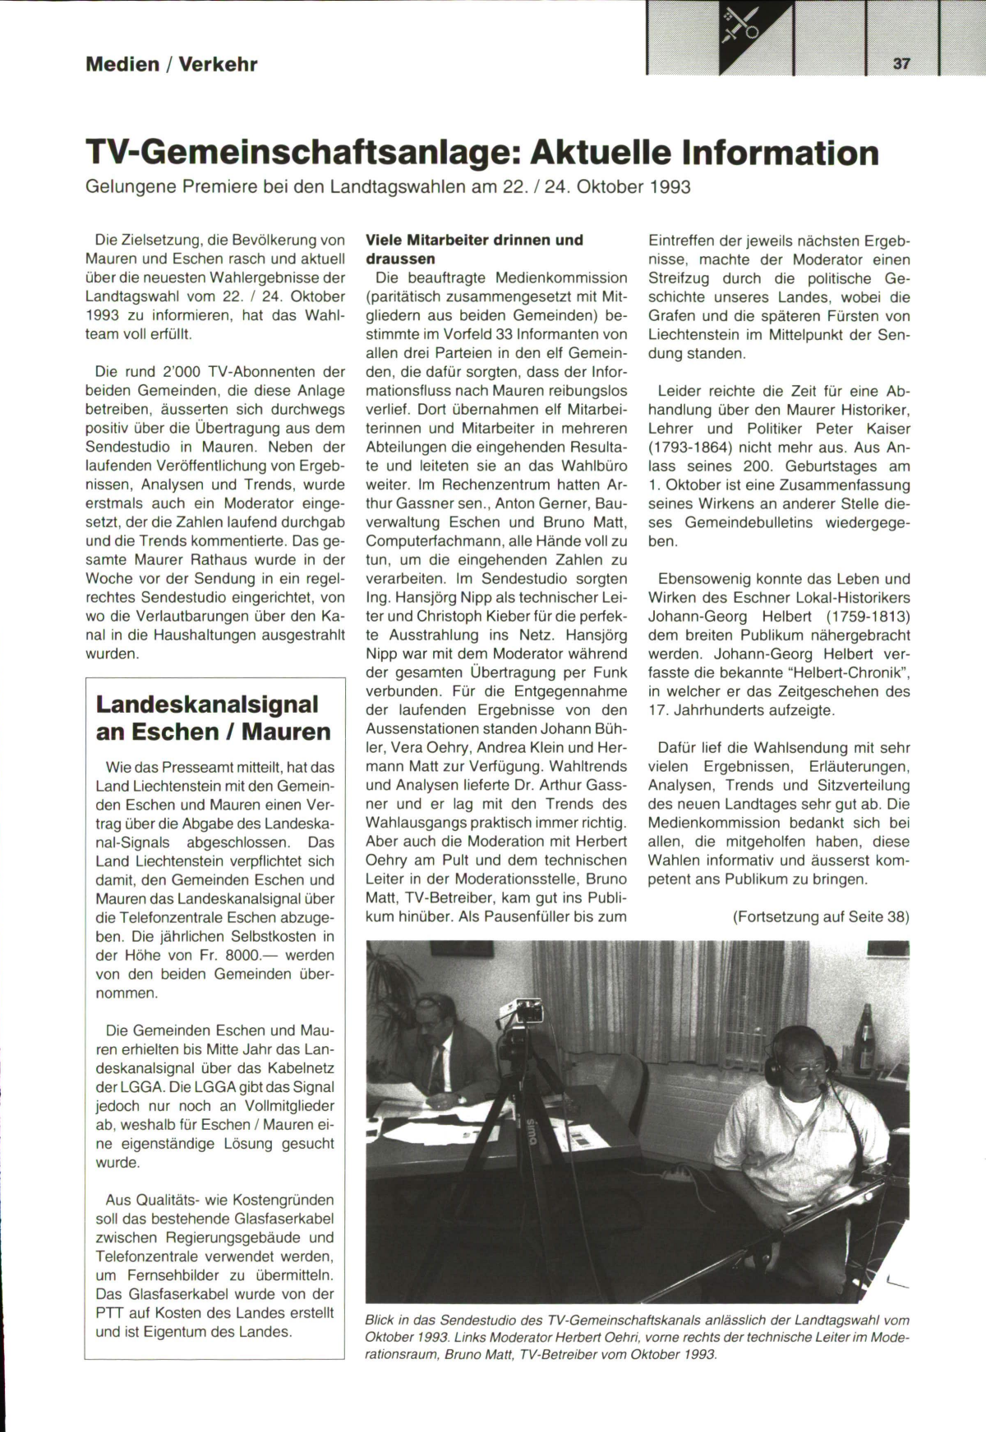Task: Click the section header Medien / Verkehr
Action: point(171,64)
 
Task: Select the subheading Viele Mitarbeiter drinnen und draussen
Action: point(474,249)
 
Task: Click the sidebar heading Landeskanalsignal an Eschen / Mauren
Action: point(214,718)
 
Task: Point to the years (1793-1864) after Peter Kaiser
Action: point(699,447)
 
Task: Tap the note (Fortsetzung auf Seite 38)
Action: point(821,916)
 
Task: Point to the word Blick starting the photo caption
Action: point(380,1320)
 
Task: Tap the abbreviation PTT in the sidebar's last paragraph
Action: point(108,1312)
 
